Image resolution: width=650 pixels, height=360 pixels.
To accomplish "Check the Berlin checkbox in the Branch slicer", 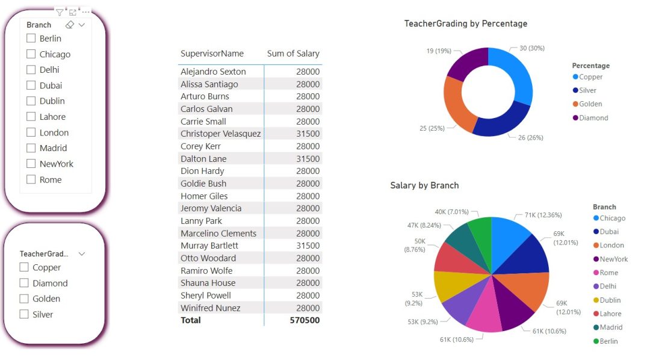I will (31, 39).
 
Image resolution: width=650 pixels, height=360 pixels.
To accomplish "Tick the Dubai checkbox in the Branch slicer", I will (31, 85).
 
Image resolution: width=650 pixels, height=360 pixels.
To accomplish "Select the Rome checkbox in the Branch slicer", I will (31, 179).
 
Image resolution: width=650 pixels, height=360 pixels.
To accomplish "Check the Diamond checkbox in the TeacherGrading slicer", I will (24, 283).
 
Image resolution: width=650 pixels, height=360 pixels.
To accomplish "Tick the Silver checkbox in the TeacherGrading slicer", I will (24, 314).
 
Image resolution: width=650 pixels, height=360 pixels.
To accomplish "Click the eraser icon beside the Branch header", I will (69, 25).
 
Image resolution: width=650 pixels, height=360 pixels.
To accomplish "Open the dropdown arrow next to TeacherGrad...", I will (82, 254).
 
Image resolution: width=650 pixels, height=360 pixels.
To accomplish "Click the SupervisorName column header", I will (212, 54).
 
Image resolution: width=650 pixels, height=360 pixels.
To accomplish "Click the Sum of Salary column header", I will (293, 54).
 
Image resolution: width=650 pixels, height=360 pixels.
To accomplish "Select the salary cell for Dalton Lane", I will (308, 159).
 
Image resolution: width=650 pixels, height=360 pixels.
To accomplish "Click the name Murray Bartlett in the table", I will (209, 246).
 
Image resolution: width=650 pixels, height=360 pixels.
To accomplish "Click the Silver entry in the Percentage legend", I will (587, 90).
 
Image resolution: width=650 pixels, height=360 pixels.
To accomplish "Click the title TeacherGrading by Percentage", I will (465, 23).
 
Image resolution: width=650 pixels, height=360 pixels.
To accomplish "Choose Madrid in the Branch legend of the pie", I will (611, 327).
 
